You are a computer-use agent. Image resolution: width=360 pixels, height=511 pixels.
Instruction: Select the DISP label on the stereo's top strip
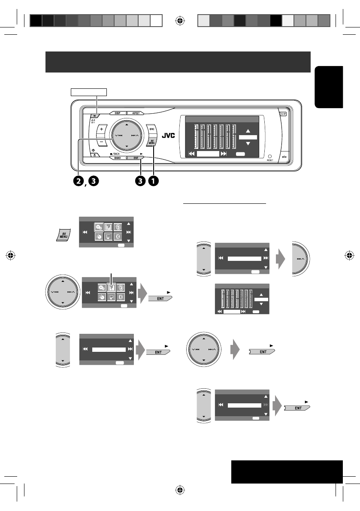[x=116, y=113]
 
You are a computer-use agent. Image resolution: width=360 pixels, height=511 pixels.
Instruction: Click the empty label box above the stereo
[x=88, y=91]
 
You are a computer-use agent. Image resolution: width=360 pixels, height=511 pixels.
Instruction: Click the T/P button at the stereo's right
[x=283, y=114]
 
